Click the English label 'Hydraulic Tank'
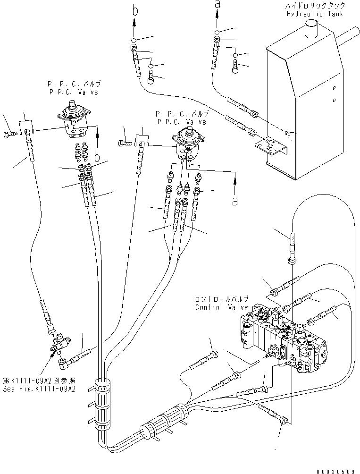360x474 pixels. tap(315, 14)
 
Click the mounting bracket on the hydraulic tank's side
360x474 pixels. tap(268, 146)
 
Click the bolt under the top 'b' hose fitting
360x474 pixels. tap(151, 76)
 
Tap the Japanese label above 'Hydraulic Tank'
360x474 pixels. tap(315, 6)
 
